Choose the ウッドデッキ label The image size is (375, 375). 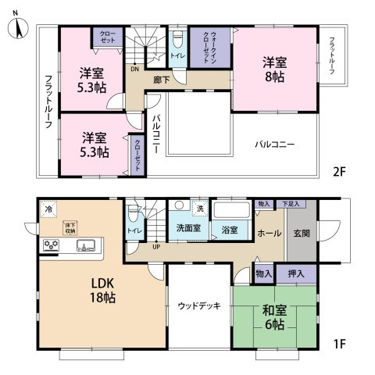(x=198, y=306)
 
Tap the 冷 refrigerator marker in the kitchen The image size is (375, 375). (x=48, y=209)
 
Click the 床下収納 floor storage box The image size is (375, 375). (x=70, y=227)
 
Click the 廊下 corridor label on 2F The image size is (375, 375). (x=162, y=80)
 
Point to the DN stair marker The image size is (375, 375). (x=135, y=68)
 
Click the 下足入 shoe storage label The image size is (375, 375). (x=291, y=203)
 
